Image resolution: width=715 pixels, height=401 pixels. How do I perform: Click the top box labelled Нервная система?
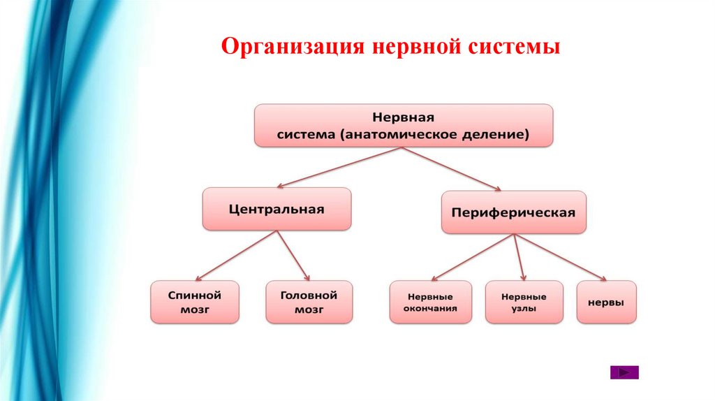pos(404,125)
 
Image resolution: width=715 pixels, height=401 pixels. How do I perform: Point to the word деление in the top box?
pos(491,134)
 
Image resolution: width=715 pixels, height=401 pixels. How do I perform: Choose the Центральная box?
pos(277,208)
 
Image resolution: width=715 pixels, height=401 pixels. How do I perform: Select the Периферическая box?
pos(513,212)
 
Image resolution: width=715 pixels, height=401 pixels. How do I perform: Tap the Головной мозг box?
pos(309,302)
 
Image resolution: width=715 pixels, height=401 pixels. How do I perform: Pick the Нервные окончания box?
pos(430,302)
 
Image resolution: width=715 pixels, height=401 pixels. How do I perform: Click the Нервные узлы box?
pos(524,302)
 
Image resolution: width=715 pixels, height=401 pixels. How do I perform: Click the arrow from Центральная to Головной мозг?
pos(293,255)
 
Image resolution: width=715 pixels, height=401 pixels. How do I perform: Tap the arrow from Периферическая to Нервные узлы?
pos(519,256)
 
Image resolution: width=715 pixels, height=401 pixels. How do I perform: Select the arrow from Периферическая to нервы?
pos(561,256)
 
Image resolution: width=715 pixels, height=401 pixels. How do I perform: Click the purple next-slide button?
pos(624,372)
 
